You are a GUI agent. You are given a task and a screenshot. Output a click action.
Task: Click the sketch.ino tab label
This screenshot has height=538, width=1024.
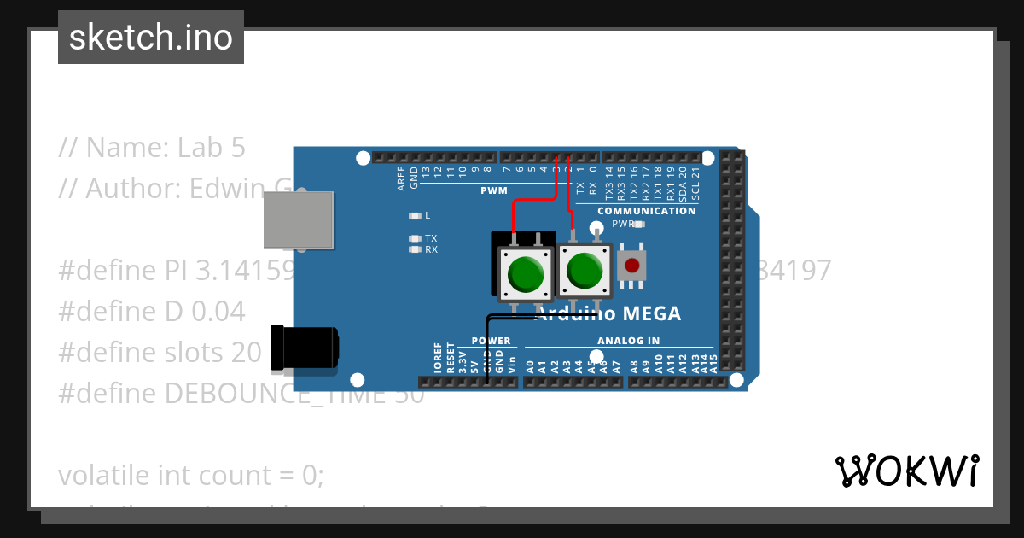tap(151, 38)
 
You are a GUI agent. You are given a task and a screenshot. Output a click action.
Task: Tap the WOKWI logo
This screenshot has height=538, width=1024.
tap(906, 471)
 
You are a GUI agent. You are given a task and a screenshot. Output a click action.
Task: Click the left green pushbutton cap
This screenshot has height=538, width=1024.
tap(524, 275)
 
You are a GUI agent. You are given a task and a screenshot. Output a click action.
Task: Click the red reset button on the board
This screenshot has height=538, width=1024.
tap(631, 266)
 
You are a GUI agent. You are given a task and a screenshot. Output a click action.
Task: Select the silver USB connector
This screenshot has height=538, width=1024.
tap(298, 220)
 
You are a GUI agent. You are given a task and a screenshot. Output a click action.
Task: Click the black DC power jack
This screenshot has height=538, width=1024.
tap(303, 348)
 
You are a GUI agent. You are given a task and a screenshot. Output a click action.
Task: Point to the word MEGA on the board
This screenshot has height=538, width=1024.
tap(651, 314)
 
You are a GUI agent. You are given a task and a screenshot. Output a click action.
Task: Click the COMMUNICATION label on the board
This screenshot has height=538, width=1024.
tap(646, 211)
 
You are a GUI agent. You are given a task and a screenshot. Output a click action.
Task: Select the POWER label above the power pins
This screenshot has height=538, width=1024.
tap(491, 341)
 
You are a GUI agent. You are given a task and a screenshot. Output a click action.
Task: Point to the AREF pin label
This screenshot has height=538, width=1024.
tap(402, 176)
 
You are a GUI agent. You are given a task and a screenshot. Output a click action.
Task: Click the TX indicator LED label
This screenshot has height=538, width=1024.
tap(431, 238)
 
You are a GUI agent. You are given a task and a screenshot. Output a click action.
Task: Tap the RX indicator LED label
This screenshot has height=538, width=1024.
tap(431, 250)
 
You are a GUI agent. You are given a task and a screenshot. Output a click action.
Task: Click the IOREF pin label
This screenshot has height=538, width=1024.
tap(439, 358)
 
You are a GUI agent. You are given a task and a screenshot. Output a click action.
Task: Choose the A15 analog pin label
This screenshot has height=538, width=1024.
tap(713, 364)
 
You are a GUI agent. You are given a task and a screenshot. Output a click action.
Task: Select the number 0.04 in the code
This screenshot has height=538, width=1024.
tap(218, 312)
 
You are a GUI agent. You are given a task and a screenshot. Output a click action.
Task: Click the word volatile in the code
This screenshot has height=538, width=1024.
tap(104, 475)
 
